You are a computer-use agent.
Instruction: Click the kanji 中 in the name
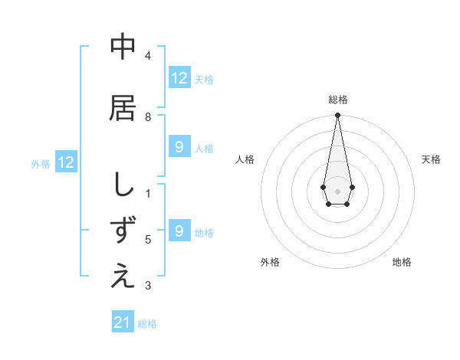[x=123, y=48]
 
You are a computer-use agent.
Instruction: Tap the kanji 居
[x=123, y=107]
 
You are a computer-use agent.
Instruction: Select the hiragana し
[x=123, y=185]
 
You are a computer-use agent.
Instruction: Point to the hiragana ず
[x=123, y=231]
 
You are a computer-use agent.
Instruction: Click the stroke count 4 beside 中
[x=148, y=56]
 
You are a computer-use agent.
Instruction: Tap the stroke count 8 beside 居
[x=148, y=117]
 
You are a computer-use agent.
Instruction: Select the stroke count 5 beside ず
[x=148, y=240]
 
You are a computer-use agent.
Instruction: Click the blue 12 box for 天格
[x=179, y=78]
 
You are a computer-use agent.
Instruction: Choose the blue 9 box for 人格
[x=179, y=147]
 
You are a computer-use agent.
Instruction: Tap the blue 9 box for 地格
[x=179, y=231]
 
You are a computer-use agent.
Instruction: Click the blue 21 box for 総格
[x=123, y=322]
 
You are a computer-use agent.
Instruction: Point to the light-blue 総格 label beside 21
[x=147, y=324]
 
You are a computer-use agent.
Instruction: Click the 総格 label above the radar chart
[x=338, y=100]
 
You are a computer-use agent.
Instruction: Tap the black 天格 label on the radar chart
[x=431, y=159]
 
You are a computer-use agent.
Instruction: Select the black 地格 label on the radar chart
[x=402, y=262]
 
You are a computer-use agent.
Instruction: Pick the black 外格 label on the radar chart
[x=270, y=262]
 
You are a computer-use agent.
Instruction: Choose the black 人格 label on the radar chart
[x=245, y=159]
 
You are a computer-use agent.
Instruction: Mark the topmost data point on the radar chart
[x=337, y=116]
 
